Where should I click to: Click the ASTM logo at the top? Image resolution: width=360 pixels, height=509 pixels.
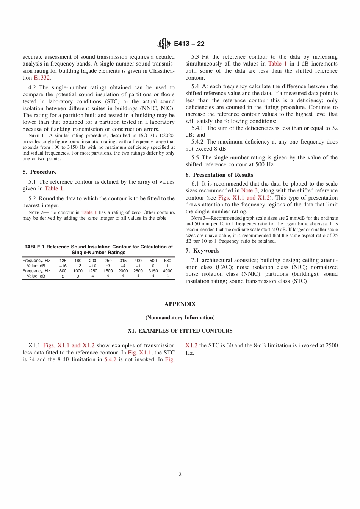(x=164, y=44)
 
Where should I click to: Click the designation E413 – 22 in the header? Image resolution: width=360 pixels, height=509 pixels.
(x=189, y=44)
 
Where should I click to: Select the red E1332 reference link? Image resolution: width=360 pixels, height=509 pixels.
(x=42, y=78)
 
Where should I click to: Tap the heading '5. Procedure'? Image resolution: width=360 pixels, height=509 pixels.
(x=40, y=172)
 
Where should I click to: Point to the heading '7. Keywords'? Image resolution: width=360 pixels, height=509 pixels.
(x=202, y=251)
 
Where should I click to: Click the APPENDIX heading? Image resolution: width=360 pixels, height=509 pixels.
(x=180, y=304)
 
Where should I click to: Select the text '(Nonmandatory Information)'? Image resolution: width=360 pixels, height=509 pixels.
(x=180, y=317)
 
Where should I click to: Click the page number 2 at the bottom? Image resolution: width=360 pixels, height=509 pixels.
(x=180, y=474)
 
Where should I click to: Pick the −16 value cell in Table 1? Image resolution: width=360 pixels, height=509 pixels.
(x=63, y=266)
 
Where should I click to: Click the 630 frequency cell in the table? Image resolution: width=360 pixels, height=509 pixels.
(x=167, y=261)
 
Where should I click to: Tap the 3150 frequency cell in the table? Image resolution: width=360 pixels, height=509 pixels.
(x=153, y=271)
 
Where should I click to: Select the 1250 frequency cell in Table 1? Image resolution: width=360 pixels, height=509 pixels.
(x=92, y=271)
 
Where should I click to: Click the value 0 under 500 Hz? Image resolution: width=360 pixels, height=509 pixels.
(x=153, y=266)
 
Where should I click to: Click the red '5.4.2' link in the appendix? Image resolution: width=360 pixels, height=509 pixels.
(x=110, y=359)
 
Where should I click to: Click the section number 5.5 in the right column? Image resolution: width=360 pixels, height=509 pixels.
(x=195, y=158)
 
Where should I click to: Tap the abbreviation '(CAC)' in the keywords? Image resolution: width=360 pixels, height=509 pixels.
(x=224, y=267)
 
